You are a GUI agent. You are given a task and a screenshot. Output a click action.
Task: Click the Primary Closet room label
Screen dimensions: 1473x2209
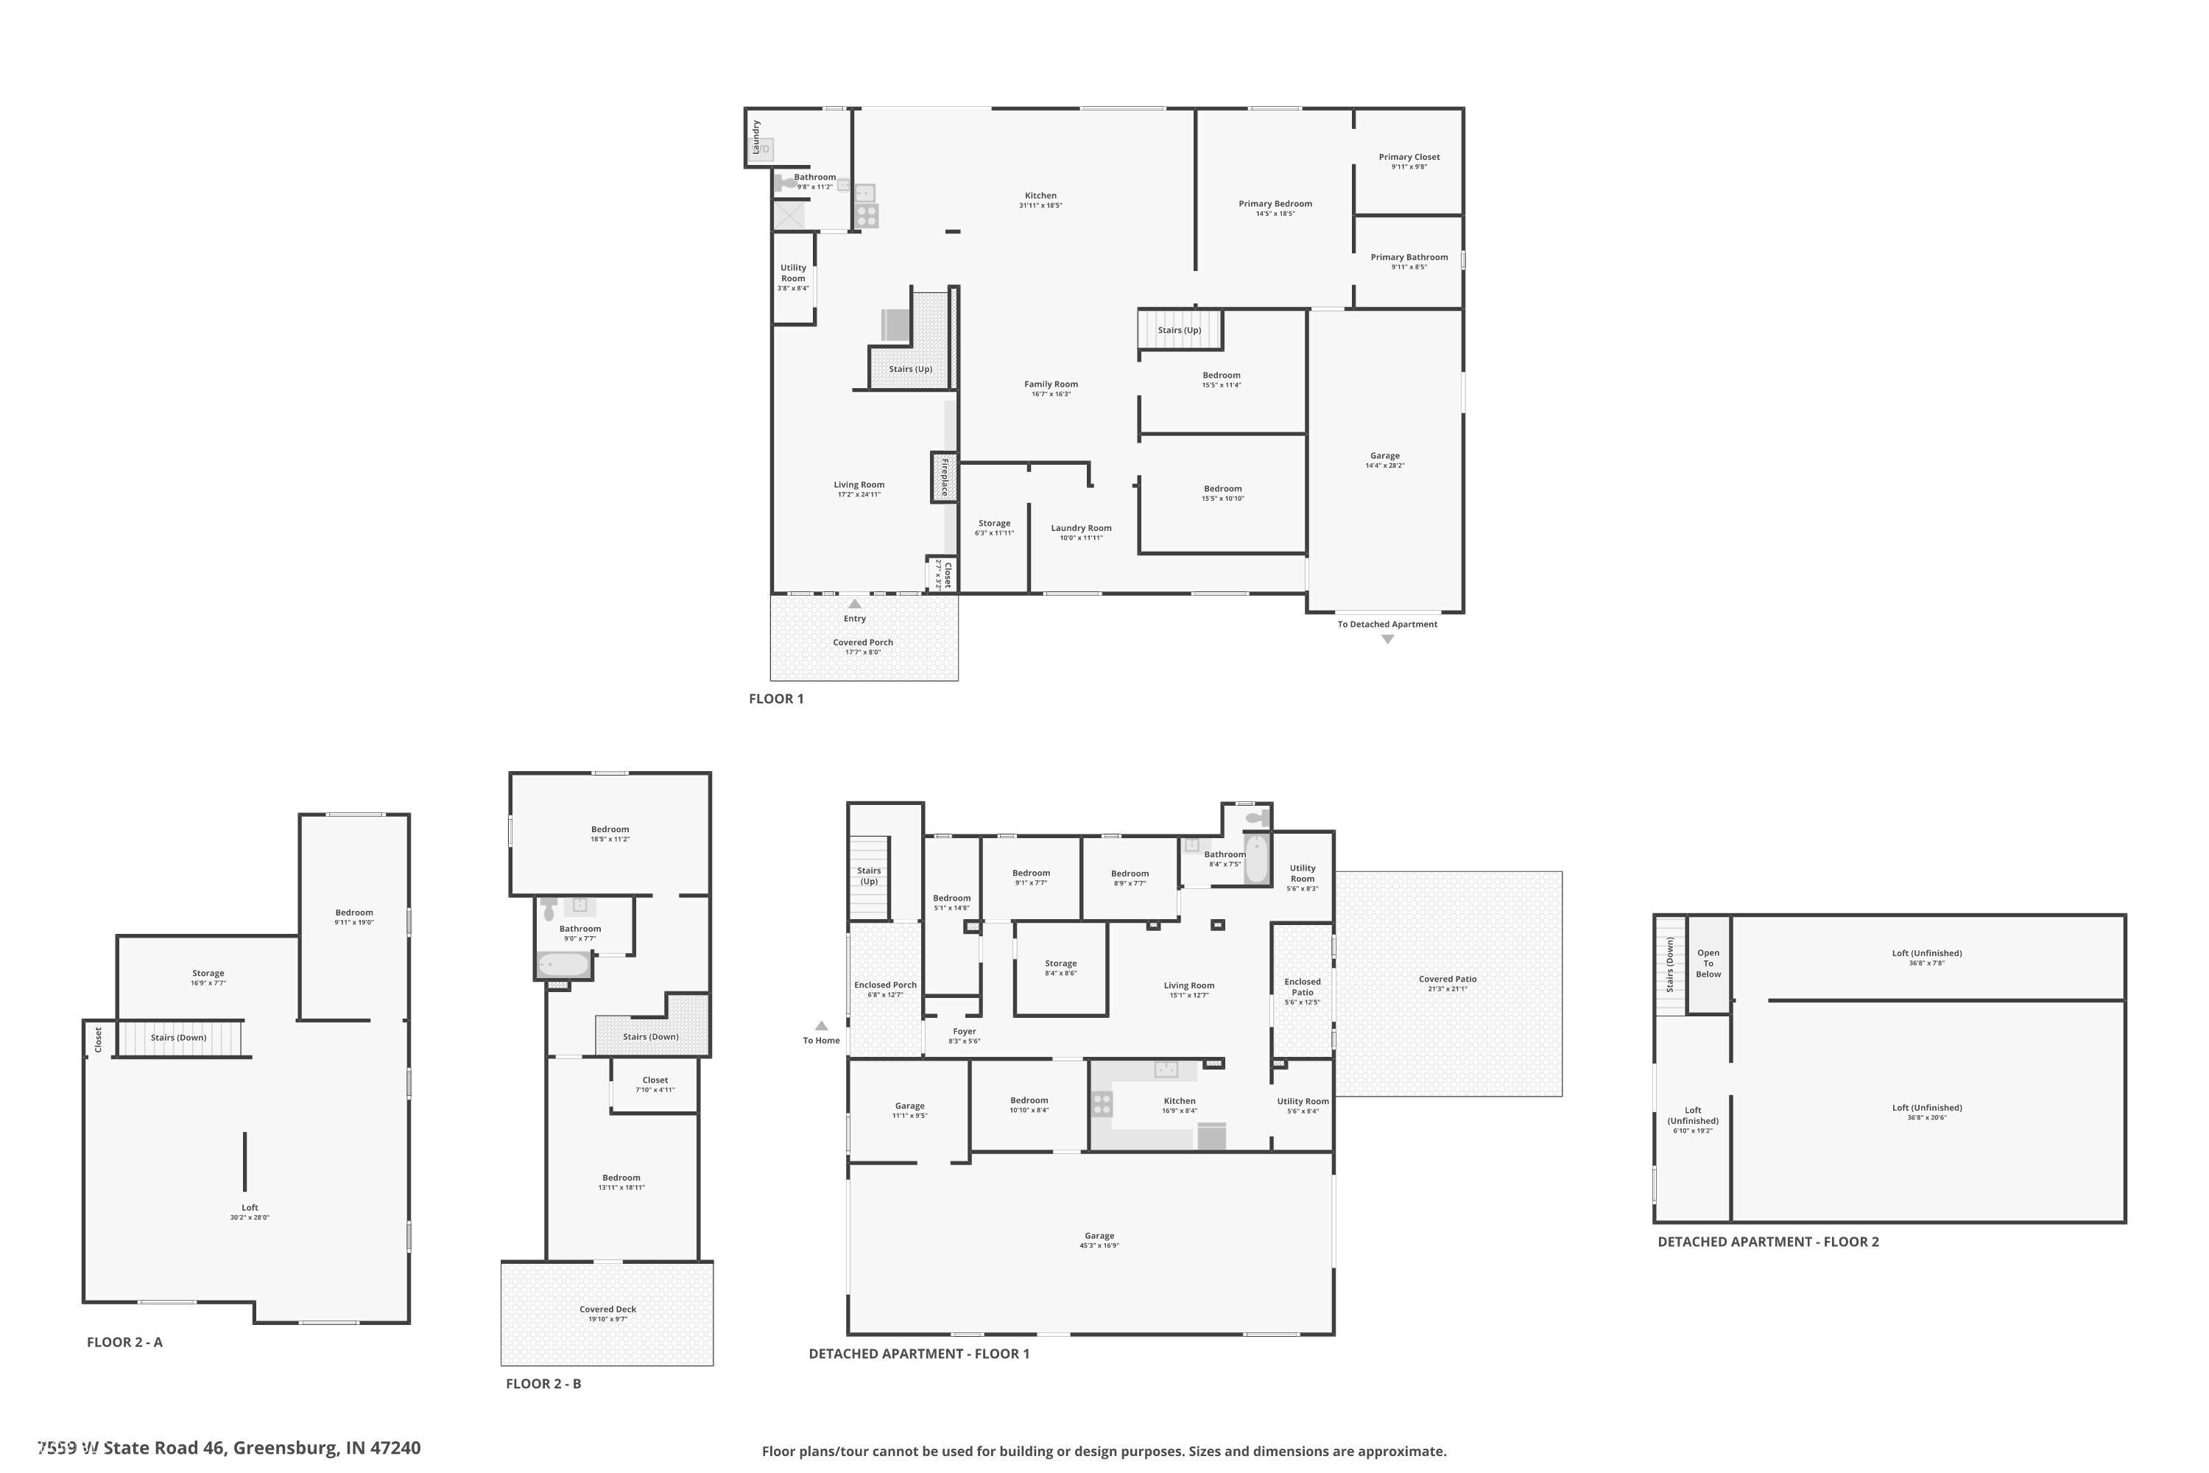tap(1408, 157)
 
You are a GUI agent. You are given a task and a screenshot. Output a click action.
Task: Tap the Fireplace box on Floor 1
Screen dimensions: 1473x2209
tap(944, 477)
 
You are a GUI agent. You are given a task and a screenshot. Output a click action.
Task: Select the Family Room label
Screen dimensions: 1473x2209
tap(1050, 384)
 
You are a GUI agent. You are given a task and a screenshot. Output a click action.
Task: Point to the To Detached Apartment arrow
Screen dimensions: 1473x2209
tap(1387, 639)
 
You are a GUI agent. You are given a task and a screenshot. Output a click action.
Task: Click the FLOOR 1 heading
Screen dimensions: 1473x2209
tap(776, 698)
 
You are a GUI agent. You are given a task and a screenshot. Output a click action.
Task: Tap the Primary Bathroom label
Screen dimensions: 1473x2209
tap(1408, 257)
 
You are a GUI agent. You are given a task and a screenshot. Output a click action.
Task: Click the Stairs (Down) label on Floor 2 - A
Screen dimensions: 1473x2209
tap(178, 1037)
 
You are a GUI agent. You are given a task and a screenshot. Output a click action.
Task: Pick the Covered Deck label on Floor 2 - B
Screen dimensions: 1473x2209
tap(607, 1309)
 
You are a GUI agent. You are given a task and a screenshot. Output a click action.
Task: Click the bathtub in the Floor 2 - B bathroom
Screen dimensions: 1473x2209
tap(563, 965)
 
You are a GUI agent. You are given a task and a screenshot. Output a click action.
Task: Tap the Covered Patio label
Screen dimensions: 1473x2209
tap(1448, 979)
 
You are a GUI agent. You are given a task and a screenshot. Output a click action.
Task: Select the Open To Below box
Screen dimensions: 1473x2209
tap(1708, 964)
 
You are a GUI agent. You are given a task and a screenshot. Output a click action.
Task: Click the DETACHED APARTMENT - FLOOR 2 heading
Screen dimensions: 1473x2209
tap(1768, 1241)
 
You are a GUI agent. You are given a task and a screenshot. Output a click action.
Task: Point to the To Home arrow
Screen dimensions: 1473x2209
tap(821, 1026)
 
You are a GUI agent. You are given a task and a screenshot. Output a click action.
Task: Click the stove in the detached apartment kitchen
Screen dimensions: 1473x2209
tap(1101, 1104)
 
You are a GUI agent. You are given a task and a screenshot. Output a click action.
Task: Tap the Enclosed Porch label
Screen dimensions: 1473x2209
tap(885, 985)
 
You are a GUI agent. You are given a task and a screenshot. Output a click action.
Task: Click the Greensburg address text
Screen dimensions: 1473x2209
tap(230, 1448)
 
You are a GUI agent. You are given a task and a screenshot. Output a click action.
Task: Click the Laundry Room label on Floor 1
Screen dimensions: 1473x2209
tap(1080, 528)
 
